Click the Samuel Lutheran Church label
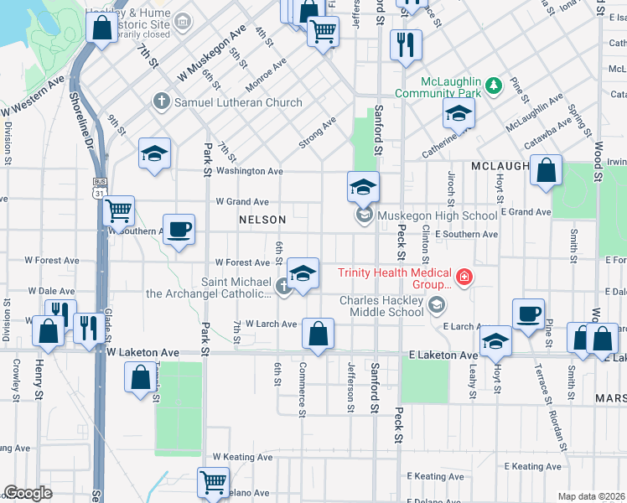click(237, 102)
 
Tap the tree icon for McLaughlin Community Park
click(495, 84)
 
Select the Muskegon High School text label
click(437, 215)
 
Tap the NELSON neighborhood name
click(262, 220)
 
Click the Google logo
click(28, 493)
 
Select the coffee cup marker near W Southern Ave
click(179, 228)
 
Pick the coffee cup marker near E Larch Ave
click(528, 314)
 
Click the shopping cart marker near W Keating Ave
click(214, 482)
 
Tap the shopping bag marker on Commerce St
click(318, 333)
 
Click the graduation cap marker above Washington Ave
click(154, 153)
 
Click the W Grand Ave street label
click(242, 202)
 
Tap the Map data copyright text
click(592, 496)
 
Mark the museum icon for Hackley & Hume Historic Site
click(182, 18)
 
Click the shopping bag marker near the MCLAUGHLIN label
click(546, 170)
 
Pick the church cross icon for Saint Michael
click(284, 288)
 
